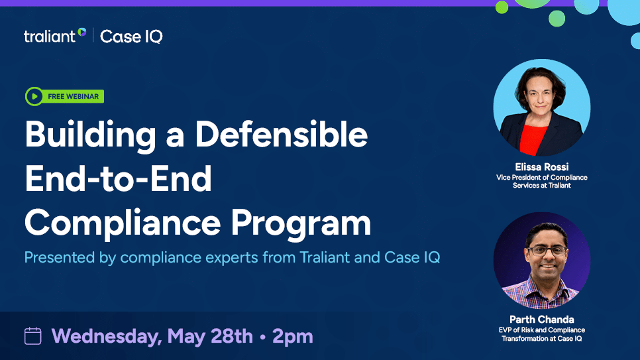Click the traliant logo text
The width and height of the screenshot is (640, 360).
coord(50,36)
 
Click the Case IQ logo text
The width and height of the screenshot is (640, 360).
coord(131,36)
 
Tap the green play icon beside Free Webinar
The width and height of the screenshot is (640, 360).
coord(34,96)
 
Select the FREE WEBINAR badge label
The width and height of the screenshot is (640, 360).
coord(73,97)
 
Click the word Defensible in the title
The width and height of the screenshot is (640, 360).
coord(281,135)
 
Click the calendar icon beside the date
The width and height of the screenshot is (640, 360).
coord(33,336)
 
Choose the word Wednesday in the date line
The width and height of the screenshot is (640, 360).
coord(106,336)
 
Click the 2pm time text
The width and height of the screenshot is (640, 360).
coord(292,336)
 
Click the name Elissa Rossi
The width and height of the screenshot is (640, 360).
coord(541,167)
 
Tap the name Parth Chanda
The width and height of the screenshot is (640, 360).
coord(541,320)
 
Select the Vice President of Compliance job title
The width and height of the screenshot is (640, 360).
coord(541,178)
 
